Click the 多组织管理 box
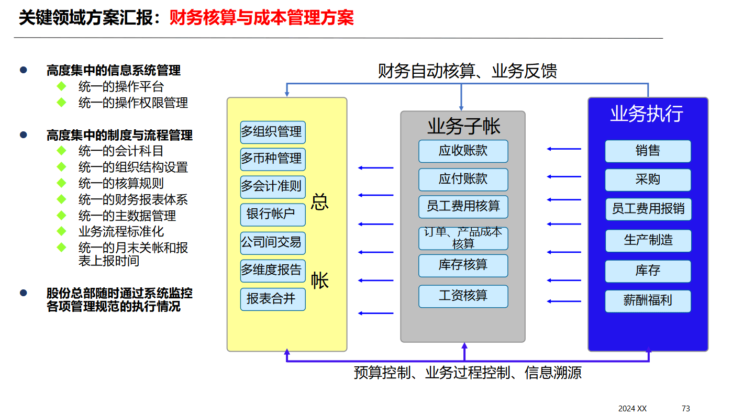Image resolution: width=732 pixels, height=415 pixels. click(273, 132)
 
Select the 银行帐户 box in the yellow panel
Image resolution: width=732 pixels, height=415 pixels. click(273, 214)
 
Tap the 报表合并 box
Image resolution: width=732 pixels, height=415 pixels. click(273, 299)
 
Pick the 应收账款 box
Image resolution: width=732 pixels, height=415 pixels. click(463, 151)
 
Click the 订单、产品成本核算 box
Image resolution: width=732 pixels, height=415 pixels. click(463, 238)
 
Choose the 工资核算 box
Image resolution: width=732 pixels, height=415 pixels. click(463, 296)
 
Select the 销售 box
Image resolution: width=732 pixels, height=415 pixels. click(648, 151)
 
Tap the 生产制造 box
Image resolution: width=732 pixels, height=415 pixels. click(648, 241)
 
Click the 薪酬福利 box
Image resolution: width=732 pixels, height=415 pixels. click(648, 301)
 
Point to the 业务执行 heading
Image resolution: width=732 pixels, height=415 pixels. click(647, 114)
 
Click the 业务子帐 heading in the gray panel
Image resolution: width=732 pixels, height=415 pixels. click(463, 126)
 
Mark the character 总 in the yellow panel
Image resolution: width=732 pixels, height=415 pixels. click(319, 202)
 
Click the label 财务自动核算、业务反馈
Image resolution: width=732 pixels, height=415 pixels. click(467, 71)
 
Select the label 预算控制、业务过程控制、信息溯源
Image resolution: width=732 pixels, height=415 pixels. click(468, 373)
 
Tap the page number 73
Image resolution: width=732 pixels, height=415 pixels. click(686, 408)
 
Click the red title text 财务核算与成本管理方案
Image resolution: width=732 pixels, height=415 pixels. click(261, 18)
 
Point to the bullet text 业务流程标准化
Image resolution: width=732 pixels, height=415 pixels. click(121, 231)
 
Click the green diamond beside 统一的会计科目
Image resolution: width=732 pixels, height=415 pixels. click(62, 151)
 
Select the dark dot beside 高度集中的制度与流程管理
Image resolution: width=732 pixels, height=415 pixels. click(23, 135)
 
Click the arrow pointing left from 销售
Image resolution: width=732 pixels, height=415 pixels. click(564, 149)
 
